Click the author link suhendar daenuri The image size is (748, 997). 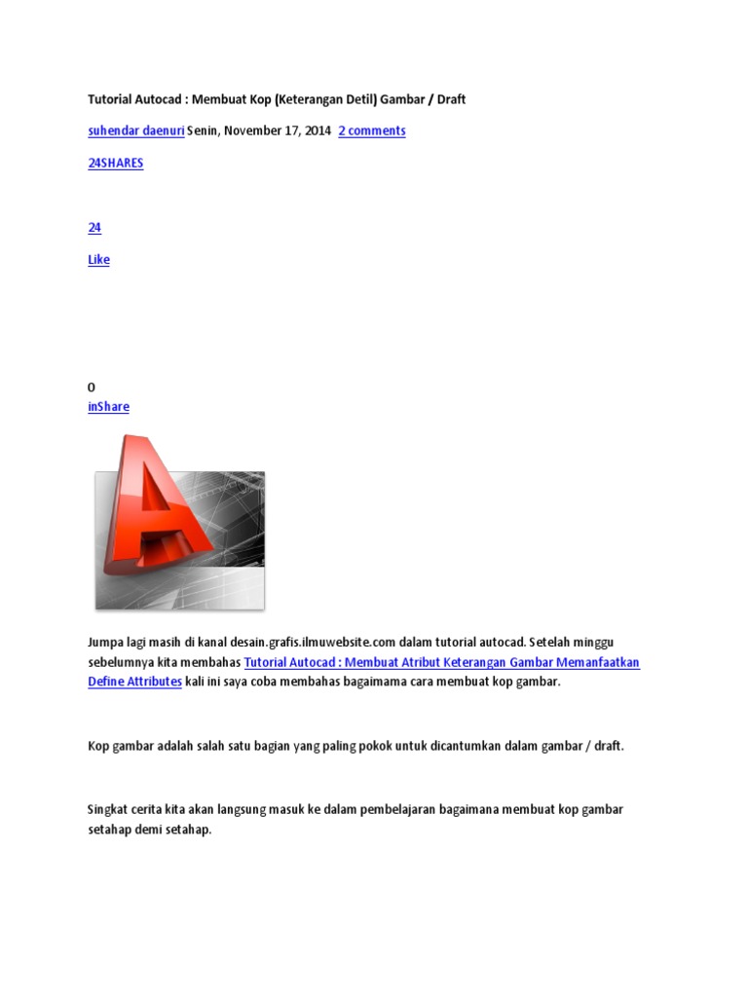(x=135, y=130)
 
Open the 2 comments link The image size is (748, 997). (x=371, y=130)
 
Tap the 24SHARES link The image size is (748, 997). (x=115, y=163)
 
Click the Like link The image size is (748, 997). (x=98, y=260)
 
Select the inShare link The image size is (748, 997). (x=108, y=407)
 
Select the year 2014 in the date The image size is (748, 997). (x=318, y=130)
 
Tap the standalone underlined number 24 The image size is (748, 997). (x=94, y=228)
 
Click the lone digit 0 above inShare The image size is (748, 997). (x=92, y=388)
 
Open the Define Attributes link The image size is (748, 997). (x=134, y=682)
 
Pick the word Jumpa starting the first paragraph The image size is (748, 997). (x=107, y=642)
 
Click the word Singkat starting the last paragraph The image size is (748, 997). (x=110, y=809)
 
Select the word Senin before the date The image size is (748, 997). (x=204, y=130)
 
